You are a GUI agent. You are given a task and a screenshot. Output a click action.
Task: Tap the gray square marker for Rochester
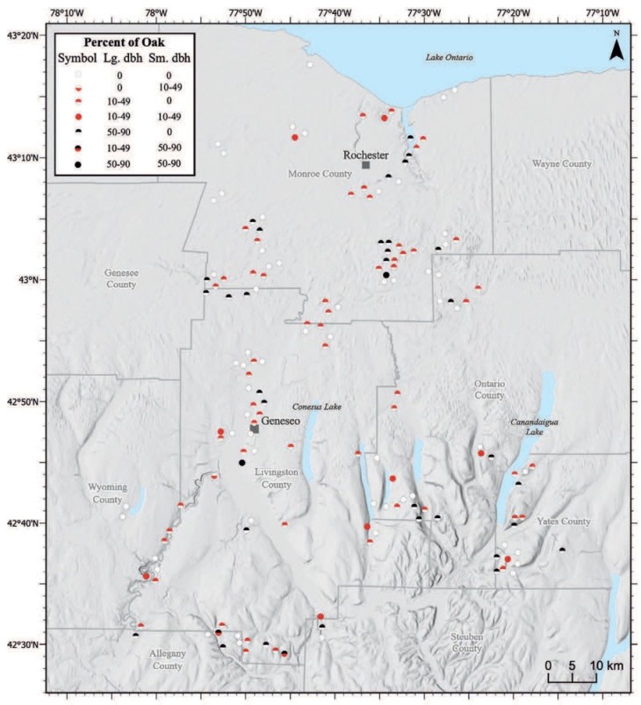pos(365,165)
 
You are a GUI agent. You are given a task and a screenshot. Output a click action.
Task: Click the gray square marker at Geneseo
pos(255,428)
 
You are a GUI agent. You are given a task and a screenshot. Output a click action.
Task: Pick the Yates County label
pos(564,522)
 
